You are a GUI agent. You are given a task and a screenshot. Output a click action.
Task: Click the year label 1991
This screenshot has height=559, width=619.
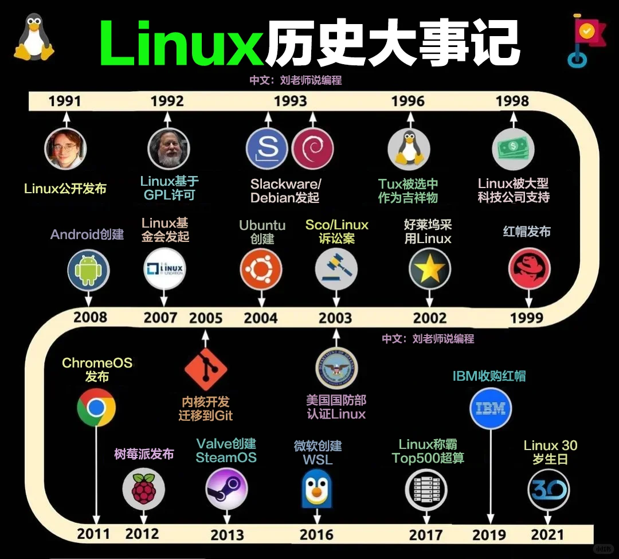(65, 101)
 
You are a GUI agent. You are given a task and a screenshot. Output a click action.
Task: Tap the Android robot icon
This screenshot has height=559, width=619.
(88, 270)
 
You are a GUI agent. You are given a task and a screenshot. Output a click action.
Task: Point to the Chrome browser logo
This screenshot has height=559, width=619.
(96, 408)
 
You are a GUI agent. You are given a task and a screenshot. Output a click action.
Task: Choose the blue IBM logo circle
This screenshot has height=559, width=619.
(491, 409)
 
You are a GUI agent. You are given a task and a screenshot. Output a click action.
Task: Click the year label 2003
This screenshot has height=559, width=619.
(335, 318)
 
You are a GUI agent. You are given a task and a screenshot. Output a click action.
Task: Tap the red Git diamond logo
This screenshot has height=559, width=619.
(206, 370)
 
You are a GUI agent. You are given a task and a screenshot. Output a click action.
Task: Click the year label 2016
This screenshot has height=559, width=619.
(316, 534)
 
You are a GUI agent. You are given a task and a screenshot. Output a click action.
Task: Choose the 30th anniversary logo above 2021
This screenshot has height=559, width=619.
(549, 489)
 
